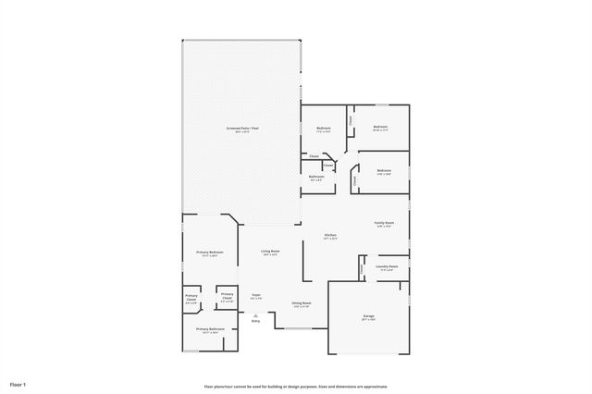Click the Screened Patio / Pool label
pos(242,128)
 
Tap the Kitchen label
pos(330,235)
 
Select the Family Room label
pos(384,222)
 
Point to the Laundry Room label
pos(387,266)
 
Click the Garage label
pos(368,315)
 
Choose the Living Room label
pos(270,251)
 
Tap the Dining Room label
pos(302,302)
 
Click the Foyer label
pos(257,294)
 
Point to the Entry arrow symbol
pos(256,315)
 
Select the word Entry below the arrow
pos(256,322)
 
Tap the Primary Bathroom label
pos(209,328)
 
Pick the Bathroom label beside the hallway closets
pos(316,176)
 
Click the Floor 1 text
pos(18,383)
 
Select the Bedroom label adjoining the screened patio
pos(324,128)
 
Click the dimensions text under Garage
pos(368,320)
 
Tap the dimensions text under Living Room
pos(270,255)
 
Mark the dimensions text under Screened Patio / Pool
pos(242,132)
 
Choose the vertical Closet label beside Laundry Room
pos(361,269)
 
